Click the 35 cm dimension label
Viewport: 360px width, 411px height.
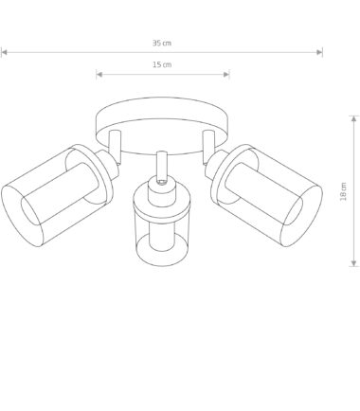[x=162, y=43]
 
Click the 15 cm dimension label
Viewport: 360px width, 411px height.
[x=162, y=64]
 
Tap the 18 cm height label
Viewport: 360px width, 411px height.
[x=343, y=191]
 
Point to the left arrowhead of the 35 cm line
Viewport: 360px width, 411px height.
[x=4, y=52]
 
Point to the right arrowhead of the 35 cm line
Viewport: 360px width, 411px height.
[x=319, y=52]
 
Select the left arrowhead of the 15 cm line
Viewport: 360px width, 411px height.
[x=99, y=75]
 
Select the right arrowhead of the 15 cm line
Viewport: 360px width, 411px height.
[x=226, y=75]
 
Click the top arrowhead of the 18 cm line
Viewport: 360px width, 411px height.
[x=353, y=119]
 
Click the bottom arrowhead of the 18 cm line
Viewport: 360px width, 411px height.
[x=353, y=263]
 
